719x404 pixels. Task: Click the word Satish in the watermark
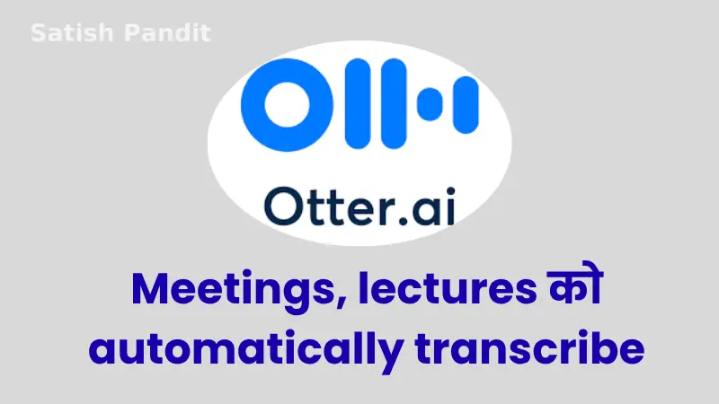pos(72,33)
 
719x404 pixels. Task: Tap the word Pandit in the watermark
pos(167,33)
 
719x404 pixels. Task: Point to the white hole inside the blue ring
pos(287,104)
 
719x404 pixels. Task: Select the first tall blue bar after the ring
pos(357,104)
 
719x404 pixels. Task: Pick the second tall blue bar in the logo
pos(394,104)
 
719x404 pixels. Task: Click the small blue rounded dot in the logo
pos(430,104)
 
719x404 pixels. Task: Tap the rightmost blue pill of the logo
pos(466,105)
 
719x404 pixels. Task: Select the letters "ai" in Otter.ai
pos(434,206)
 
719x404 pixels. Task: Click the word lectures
pos(448,289)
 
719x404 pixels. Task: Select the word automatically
pos(246,350)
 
